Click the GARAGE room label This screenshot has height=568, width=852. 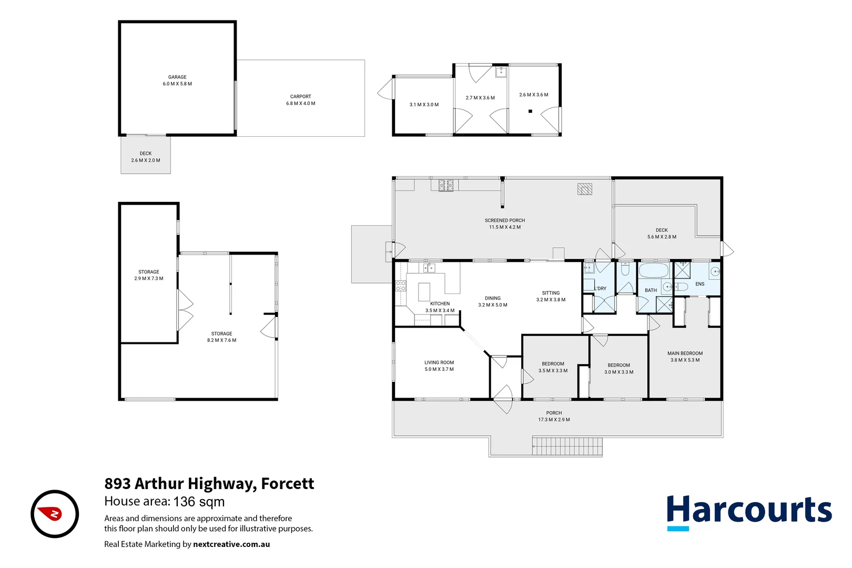[x=177, y=77]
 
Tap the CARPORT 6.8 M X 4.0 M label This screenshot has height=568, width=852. [x=300, y=100]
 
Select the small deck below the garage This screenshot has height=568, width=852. [x=146, y=156]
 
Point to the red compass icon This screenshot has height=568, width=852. [x=55, y=514]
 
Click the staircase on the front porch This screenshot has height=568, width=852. [x=566, y=446]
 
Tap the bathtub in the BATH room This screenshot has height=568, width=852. [x=653, y=271]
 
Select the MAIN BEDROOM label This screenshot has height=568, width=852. [x=685, y=353]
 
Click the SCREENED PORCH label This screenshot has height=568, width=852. [x=504, y=220]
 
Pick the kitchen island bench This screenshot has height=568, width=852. [x=424, y=291]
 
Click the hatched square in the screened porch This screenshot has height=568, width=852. [x=584, y=189]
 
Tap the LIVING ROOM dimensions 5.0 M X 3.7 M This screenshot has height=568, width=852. [x=439, y=369]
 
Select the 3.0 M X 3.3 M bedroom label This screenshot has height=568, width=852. [x=618, y=372]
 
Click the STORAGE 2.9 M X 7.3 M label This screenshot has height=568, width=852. [x=149, y=275]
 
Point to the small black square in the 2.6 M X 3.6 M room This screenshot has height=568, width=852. [x=530, y=111]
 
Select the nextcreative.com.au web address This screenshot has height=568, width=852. [x=231, y=544]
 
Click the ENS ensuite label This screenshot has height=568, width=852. [x=699, y=284]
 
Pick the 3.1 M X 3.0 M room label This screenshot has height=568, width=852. [x=424, y=105]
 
